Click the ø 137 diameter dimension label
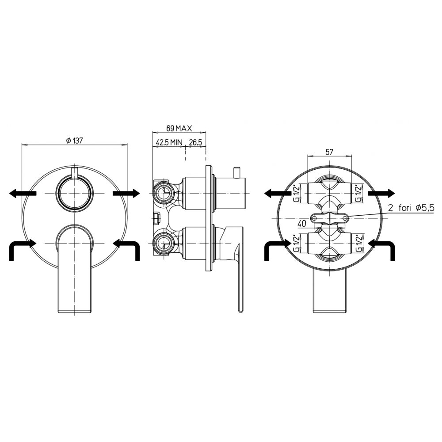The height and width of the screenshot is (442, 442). point(74,141)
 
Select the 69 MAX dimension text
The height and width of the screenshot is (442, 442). point(179,129)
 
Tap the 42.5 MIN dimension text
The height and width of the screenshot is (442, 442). point(169,142)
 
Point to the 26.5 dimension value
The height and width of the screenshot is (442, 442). point(196,142)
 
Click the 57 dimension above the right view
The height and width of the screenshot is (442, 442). point(329,152)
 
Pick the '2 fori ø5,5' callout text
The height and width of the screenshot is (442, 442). point(411,208)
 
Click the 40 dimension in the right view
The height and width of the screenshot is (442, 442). point(302,224)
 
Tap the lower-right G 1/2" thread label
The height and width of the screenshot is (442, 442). point(358,243)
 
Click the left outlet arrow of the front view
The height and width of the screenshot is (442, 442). point(23,193)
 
